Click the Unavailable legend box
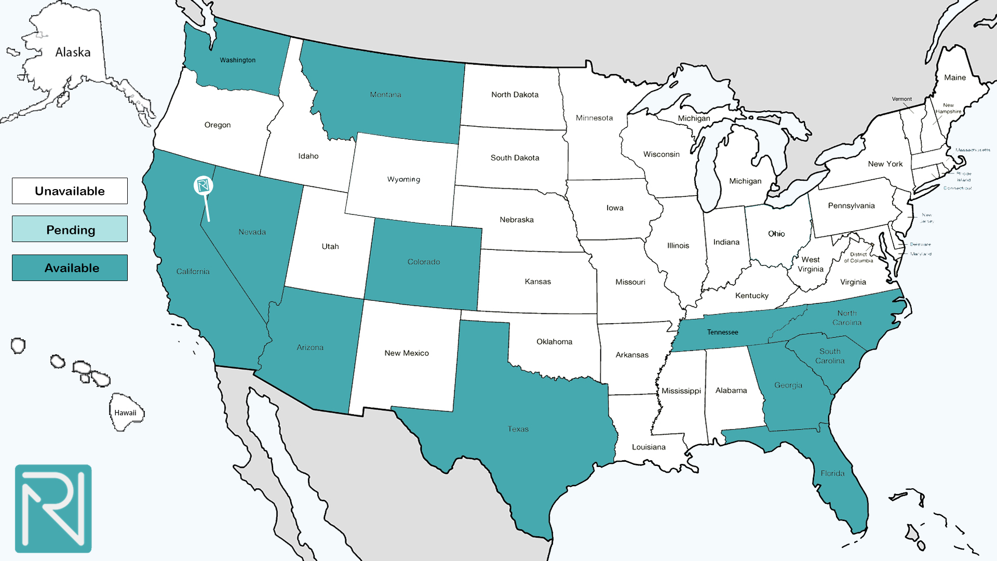[x=70, y=191]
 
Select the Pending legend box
[x=70, y=229]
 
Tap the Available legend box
[x=70, y=268]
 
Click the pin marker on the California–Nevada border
[x=203, y=185]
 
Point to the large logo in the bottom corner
[x=53, y=509]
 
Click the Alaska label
[x=73, y=52]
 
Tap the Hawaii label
[x=125, y=413]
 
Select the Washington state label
[x=237, y=60]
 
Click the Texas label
[x=518, y=429]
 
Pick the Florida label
[x=832, y=473]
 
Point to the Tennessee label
[x=722, y=332]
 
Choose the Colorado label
[x=423, y=262]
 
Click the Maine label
[x=954, y=77]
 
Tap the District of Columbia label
[x=858, y=258]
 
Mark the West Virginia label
[x=810, y=264]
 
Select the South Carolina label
[x=829, y=356]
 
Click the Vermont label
[x=901, y=99]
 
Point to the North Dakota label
[x=515, y=95]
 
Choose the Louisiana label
[x=648, y=447]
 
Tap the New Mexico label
[x=407, y=353]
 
